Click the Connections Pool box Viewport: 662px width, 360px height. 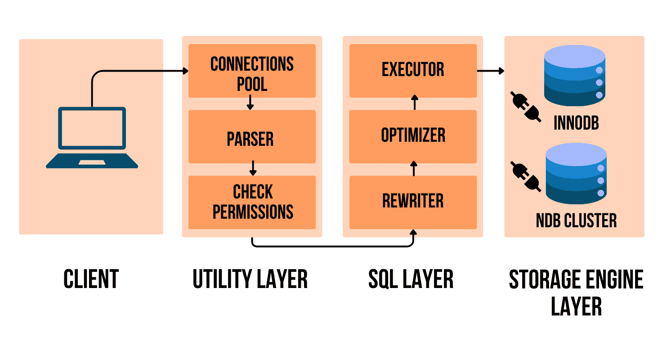click(x=252, y=71)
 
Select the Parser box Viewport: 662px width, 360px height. click(x=252, y=137)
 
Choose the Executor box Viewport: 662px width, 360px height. click(x=413, y=71)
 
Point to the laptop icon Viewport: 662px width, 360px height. click(x=92, y=137)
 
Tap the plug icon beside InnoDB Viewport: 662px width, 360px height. click(x=526, y=107)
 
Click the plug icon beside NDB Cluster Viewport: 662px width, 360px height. click(x=526, y=176)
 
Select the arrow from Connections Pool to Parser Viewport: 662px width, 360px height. click(x=250, y=103)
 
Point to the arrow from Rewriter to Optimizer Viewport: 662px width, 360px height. click(x=414, y=169)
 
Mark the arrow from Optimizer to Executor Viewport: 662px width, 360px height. click(x=414, y=103)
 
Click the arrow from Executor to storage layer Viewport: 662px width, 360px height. click(x=490, y=71)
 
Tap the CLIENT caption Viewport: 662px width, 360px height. click(x=91, y=279)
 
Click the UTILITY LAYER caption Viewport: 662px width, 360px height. click(x=250, y=279)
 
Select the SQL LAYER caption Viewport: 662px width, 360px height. click(x=411, y=279)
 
